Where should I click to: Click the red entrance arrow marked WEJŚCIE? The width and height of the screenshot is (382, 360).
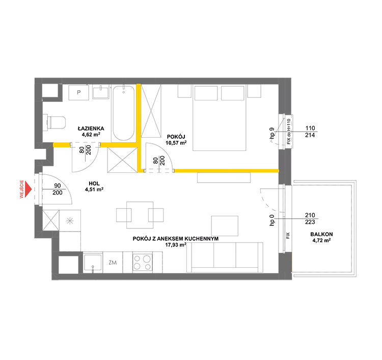click(29, 189)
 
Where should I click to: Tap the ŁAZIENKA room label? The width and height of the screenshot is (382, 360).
click(91, 128)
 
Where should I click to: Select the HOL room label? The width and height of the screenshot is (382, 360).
click(94, 184)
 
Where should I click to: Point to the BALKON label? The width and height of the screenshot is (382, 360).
click(321, 234)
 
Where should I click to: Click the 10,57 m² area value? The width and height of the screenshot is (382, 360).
click(176, 143)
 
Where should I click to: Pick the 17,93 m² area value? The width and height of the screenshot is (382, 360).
click(176, 245)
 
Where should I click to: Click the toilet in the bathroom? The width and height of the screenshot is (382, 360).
click(54, 122)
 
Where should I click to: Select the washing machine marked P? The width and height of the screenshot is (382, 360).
click(78, 92)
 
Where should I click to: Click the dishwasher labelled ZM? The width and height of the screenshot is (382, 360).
click(113, 263)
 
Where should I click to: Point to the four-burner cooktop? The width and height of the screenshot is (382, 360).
click(143, 263)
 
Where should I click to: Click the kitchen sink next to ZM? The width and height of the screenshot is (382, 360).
click(93, 263)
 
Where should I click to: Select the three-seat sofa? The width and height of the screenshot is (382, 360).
click(225, 258)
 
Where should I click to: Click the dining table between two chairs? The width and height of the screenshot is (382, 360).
click(140, 215)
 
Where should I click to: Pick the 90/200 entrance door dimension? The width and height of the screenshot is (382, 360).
click(58, 189)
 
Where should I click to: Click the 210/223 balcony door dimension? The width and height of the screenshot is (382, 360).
click(310, 219)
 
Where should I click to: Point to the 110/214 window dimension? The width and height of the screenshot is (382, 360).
click(310, 132)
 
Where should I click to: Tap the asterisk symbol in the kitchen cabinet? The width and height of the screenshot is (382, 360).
click(70, 221)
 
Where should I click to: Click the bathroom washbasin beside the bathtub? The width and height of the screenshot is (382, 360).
click(101, 92)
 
